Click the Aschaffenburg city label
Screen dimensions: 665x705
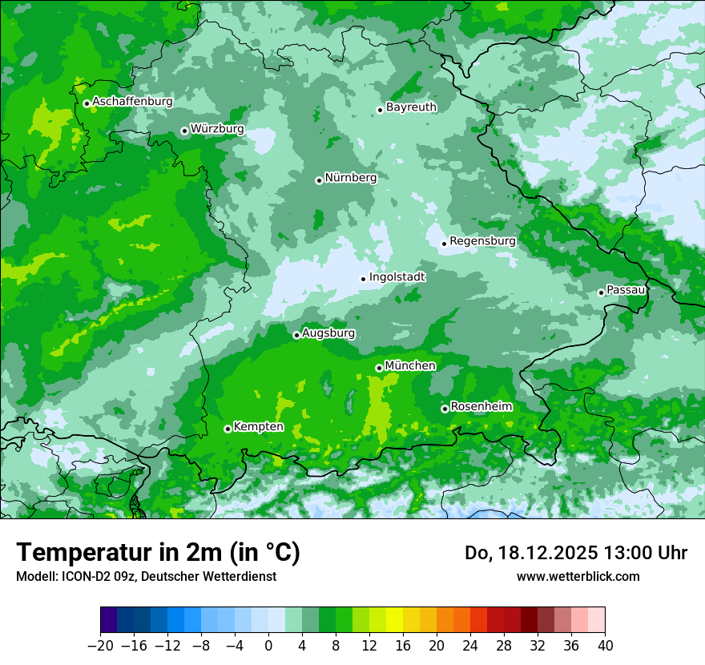pos(132,102)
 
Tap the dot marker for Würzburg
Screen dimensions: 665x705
pos(184,131)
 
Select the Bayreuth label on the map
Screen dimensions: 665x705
pos(411,107)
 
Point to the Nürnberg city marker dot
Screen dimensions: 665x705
pos(319,180)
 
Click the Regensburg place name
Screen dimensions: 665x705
pos(482,240)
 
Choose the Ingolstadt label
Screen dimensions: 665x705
pos(397,276)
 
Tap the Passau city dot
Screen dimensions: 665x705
pos(601,292)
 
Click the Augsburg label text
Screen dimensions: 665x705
pos(328,332)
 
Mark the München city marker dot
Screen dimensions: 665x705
pos(379,368)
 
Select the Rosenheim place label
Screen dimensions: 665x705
pos(481,406)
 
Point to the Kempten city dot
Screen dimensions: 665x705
pos(228,429)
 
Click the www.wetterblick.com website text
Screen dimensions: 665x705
pos(578,576)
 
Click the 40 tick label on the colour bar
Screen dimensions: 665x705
pos(605,646)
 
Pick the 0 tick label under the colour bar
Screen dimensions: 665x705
pos(269,646)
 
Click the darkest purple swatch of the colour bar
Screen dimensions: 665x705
pos(109,620)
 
